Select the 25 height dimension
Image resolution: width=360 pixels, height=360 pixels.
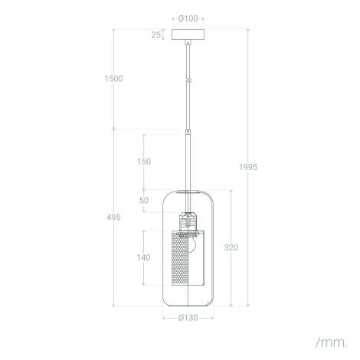click(x=156, y=35)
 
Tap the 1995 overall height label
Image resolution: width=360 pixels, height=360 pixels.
click(x=247, y=167)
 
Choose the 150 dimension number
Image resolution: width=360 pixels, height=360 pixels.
click(x=143, y=162)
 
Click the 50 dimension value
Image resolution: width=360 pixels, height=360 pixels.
click(x=143, y=201)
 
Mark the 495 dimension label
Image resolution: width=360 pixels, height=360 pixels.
click(x=114, y=218)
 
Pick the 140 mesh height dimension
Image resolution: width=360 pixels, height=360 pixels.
click(x=143, y=258)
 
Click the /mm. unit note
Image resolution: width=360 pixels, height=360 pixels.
click(x=331, y=339)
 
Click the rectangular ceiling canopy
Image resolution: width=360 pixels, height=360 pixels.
click(x=186, y=35)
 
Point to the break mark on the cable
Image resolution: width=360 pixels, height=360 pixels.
click(x=186, y=80)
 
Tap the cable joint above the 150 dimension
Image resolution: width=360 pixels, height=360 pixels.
click(x=186, y=134)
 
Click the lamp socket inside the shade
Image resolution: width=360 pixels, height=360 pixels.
click(x=186, y=221)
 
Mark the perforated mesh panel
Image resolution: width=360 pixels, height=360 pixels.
click(x=178, y=259)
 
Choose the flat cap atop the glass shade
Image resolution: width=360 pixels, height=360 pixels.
click(x=186, y=191)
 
